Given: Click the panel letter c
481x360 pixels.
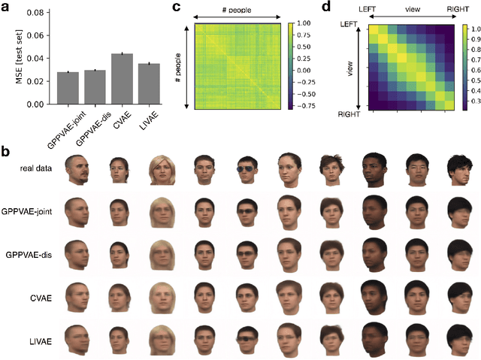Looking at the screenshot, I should click(x=176, y=8).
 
